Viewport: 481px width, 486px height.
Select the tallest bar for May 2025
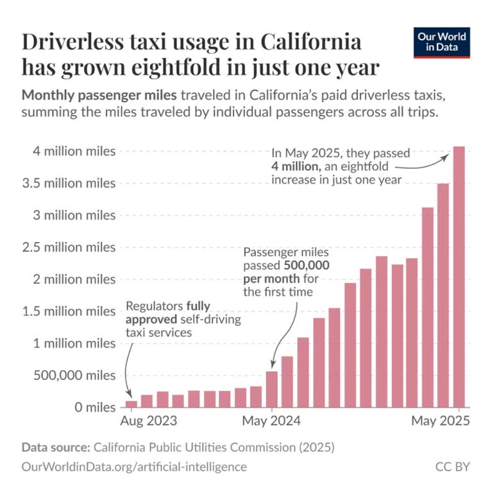459,276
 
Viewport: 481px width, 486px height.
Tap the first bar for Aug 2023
131,404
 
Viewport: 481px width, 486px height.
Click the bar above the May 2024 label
272,389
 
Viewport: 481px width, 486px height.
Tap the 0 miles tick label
94,407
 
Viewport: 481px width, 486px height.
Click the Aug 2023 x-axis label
149,422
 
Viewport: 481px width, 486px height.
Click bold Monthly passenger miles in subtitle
99,96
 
